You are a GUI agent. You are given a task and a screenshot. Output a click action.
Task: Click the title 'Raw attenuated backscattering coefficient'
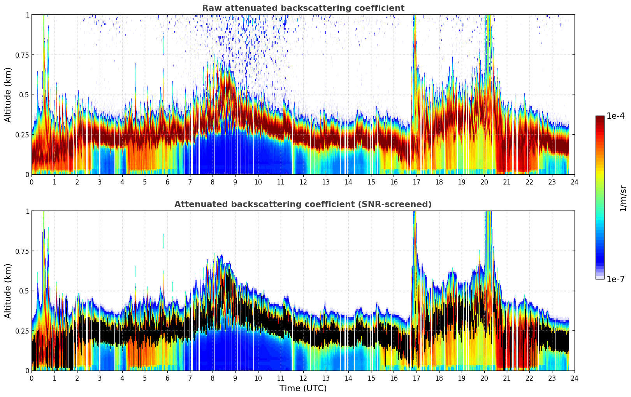(x=303, y=8)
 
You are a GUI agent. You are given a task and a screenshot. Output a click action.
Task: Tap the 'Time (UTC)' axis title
(x=303, y=388)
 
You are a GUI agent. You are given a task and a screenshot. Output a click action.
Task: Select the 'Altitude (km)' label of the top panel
(x=8, y=95)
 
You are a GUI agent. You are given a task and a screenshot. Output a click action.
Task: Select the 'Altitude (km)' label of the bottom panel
(x=8, y=291)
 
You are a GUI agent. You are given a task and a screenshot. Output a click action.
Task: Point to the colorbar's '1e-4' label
(x=615, y=116)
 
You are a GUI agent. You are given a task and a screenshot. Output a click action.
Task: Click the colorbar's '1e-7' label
(x=615, y=279)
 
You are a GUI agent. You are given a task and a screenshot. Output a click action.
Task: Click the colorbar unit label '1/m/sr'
(x=622, y=198)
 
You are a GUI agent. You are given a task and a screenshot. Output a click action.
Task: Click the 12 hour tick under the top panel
(x=303, y=182)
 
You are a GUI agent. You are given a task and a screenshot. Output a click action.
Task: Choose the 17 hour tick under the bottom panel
(x=416, y=378)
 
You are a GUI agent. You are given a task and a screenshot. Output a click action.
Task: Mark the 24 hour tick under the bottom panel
(x=575, y=378)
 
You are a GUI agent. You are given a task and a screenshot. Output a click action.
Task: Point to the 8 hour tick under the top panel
(x=213, y=182)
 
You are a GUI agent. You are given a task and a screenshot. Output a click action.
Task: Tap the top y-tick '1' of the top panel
(x=27, y=15)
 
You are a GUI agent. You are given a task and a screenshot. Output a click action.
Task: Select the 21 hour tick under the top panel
(x=507, y=182)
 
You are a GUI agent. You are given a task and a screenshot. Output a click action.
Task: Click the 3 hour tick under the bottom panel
(x=100, y=378)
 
